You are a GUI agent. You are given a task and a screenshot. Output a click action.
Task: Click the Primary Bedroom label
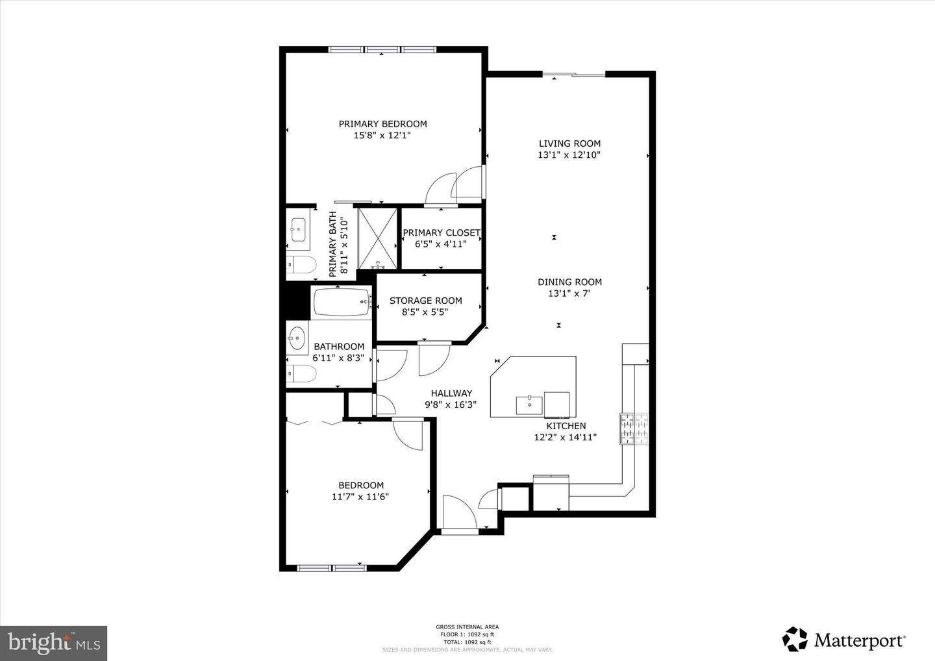[382, 124]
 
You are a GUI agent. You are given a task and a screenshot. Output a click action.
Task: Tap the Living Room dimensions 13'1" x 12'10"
[569, 155]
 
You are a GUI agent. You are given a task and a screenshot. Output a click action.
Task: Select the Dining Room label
[569, 282]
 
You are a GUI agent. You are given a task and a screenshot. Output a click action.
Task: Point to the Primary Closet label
[441, 232]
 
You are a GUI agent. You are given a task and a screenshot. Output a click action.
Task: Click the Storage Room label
[425, 301]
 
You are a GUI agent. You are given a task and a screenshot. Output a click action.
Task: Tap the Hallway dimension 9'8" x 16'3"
[451, 405]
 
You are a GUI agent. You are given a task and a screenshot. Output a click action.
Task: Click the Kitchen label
[566, 426]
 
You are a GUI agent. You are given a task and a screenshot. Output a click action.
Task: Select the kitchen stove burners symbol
[634, 429]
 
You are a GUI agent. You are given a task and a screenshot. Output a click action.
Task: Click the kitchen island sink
[529, 404]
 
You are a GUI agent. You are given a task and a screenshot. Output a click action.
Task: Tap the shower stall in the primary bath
[377, 238]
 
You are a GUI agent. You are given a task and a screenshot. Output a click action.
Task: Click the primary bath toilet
[301, 265]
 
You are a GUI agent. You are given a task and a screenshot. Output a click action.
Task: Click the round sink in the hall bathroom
[297, 338]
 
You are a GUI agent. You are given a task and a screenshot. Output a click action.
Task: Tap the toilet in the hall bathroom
[301, 374]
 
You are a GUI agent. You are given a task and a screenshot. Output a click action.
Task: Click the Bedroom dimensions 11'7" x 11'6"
[360, 497]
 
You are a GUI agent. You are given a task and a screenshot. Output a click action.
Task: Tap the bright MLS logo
[53, 643]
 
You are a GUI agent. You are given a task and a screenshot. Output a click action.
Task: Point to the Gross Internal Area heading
[467, 627]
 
